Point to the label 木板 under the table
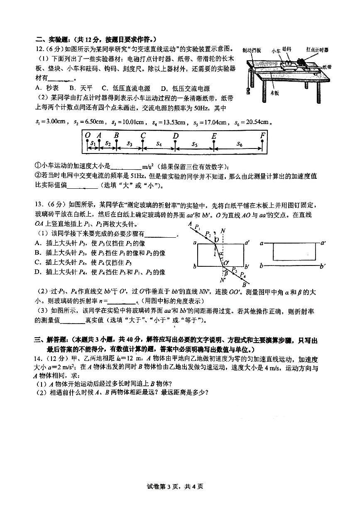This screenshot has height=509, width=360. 274,93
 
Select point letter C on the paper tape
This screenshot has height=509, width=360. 143,135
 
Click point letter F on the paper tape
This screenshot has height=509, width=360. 262,135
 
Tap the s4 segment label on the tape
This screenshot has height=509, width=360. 159,144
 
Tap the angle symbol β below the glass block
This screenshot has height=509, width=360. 225,273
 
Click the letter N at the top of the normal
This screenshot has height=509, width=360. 223,231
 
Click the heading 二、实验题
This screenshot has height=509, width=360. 49,40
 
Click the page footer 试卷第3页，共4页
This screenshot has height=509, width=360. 180,498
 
